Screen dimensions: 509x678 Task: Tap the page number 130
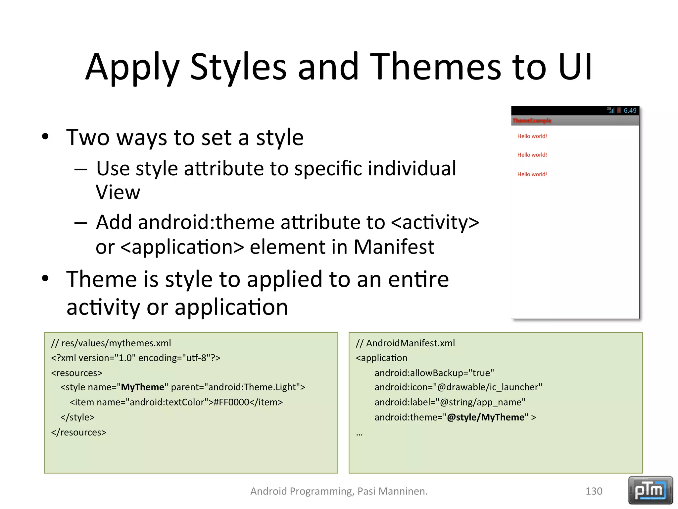594,491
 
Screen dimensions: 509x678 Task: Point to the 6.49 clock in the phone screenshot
630,111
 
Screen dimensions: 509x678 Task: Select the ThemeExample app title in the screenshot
532,121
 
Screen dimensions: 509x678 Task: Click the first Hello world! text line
532,136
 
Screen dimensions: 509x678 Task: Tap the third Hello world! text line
532,174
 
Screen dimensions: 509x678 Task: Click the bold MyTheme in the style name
142,387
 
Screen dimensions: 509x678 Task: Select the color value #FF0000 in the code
231,402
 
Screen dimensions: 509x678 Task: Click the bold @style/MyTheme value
486,417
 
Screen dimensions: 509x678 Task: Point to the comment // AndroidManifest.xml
405,343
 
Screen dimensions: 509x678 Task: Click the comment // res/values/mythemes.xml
111,343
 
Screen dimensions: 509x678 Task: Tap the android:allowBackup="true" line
434,373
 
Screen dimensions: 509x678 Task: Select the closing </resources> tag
79,432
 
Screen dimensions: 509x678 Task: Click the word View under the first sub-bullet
118,192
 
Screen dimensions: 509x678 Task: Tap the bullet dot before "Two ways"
45,137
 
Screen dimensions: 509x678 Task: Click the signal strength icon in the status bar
611,110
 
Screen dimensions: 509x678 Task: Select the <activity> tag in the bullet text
435,222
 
